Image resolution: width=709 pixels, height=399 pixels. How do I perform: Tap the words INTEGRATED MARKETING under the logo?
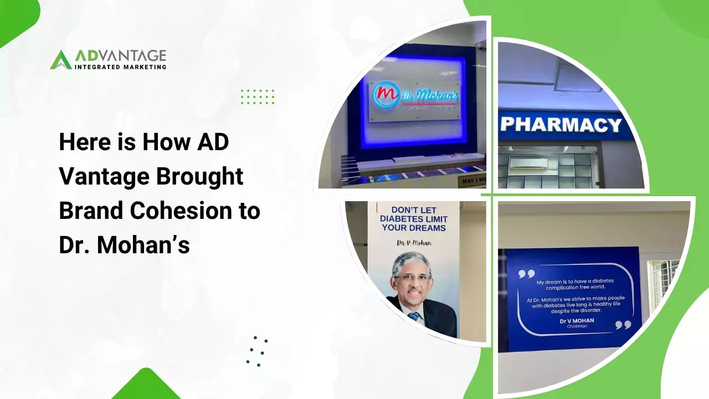pos(120,67)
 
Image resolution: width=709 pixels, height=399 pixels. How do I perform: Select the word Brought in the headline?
pos(200,177)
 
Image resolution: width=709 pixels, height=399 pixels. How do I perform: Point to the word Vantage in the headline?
pos(104,177)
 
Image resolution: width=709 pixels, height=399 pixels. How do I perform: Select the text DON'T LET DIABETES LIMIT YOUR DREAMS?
pos(413,219)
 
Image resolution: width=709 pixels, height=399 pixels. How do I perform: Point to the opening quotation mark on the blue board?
pos(526,274)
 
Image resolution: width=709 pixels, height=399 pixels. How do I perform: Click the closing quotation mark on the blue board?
pos(623,325)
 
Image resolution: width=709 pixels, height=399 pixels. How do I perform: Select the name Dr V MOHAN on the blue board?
pos(577,320)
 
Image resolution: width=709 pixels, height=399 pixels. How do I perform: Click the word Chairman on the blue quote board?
pos(577,326)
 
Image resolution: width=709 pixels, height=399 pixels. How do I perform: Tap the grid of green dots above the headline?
pos(258,97)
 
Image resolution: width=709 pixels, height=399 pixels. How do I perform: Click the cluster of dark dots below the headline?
pos(256,350)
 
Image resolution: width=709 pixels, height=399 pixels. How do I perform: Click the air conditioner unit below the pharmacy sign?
pos(528,164)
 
